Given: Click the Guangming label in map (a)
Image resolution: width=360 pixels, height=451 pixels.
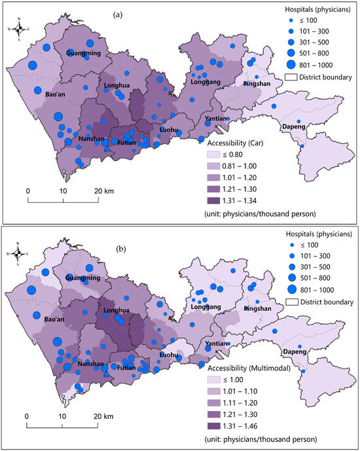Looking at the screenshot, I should coord(82,53).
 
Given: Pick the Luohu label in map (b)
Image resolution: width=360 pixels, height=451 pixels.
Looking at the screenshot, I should coord(169,355).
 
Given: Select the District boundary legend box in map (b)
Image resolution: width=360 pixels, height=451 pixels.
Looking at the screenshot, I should coord(293,301).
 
